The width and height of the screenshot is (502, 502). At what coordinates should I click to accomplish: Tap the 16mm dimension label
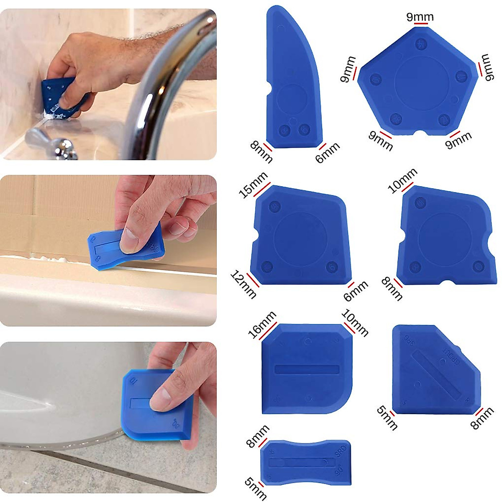point(262,325)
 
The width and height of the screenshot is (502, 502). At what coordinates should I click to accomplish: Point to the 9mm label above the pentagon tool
point(420,17)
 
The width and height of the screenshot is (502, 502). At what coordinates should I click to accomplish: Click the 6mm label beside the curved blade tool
point(328,153)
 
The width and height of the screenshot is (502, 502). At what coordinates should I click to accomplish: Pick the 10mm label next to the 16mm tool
point(355,323)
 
